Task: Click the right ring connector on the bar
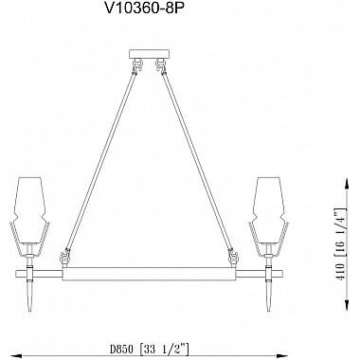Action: (232, 259)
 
